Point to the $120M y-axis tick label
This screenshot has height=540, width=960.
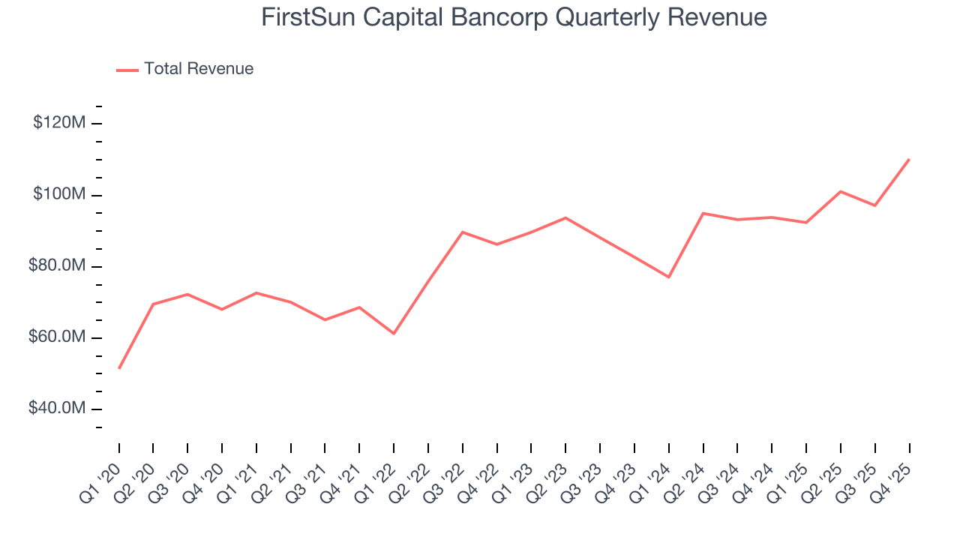(x=58, y=123)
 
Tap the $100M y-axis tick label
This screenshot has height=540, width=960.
(x=58, y=195)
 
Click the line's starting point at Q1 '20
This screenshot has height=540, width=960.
(x=119, y=368)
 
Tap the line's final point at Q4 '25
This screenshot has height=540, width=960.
(x=910, y=159)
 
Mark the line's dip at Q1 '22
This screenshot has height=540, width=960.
(x=394, y=334)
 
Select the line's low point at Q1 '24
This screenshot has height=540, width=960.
(x=669, y=277)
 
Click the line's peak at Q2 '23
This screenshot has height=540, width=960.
(x=565, y=217)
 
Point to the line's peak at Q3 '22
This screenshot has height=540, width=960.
(x=463, y=232)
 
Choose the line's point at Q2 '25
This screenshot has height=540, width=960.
(x=841, y=191)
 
